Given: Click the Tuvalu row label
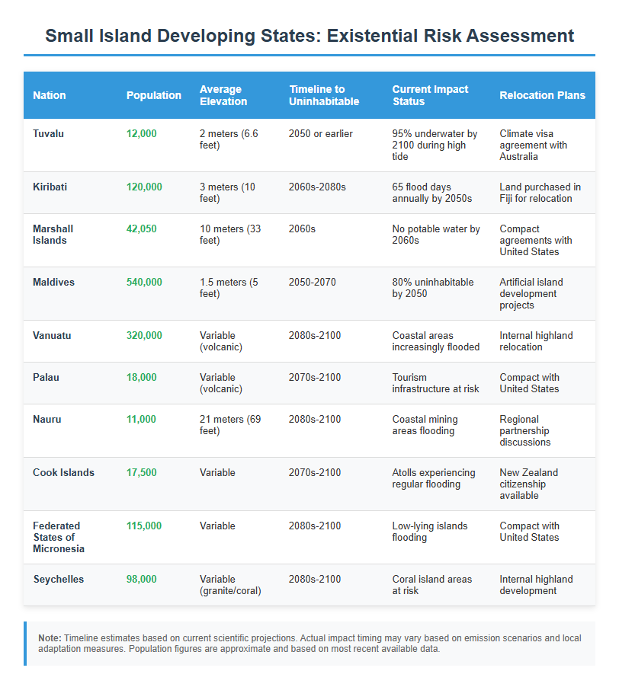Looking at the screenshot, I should (48, 133).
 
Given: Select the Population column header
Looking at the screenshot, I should (154, 95).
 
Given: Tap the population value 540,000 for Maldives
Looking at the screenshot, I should (144, 282).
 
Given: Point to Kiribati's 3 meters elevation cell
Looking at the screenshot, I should (229, 192).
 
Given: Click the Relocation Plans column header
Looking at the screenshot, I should (542, 95).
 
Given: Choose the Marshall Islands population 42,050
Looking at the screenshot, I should (142, 228).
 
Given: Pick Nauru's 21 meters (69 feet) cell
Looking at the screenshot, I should (229, 424).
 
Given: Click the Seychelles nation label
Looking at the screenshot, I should (59, 579).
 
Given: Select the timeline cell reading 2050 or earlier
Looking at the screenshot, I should (321, 133).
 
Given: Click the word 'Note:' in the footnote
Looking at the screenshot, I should (50, 637).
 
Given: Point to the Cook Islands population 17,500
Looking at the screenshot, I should (142, 472).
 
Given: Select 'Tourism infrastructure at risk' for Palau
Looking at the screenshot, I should (435, 382).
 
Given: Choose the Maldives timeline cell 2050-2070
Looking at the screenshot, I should (313, 282).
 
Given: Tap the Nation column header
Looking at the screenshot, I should (50, 95).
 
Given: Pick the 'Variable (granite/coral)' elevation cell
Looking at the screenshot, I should (230, 584).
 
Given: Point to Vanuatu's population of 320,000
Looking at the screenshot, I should (144, 335).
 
